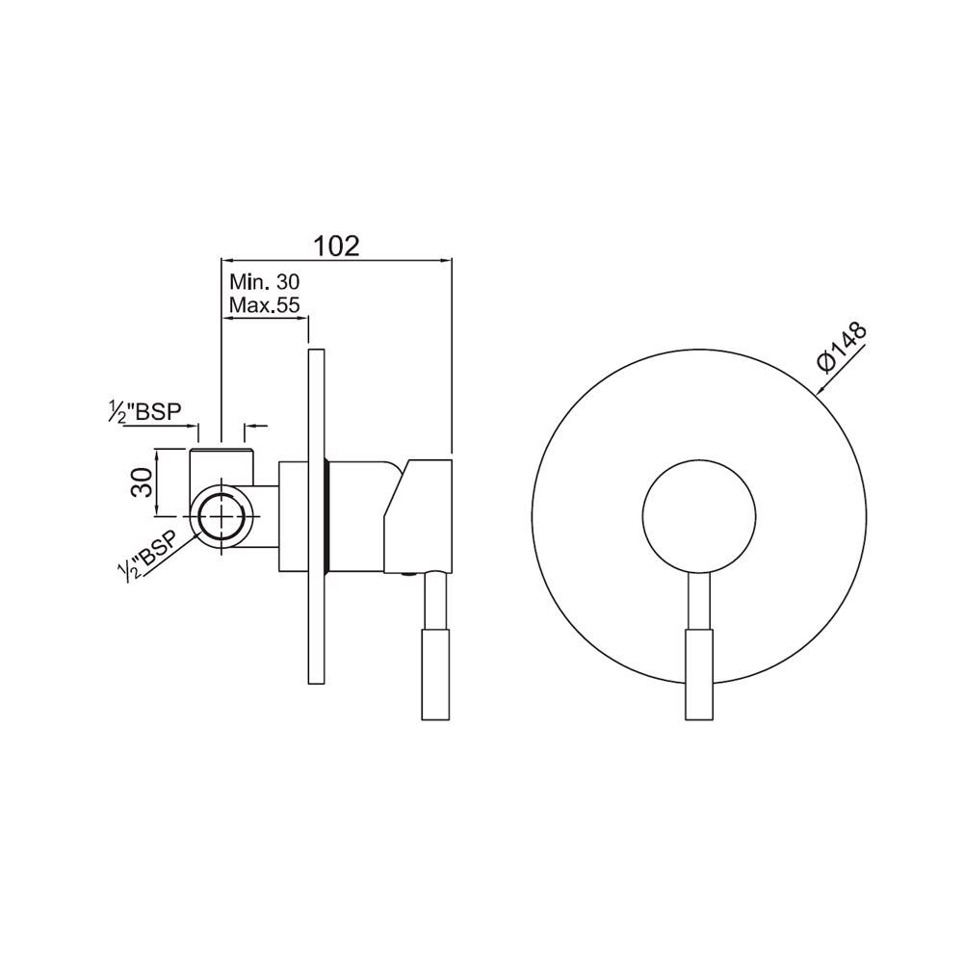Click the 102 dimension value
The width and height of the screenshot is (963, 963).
click(336, 246)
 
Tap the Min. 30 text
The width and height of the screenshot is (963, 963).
click(265, 282)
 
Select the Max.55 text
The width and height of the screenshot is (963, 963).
click(267, 304)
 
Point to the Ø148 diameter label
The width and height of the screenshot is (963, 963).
click(842, 347)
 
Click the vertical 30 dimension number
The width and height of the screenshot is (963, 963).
click(142, 482)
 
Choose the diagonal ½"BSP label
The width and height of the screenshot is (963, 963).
click(148, 554)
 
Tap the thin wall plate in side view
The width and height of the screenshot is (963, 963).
click(316, 516)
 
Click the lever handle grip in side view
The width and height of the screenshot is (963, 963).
click(436, 674)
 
